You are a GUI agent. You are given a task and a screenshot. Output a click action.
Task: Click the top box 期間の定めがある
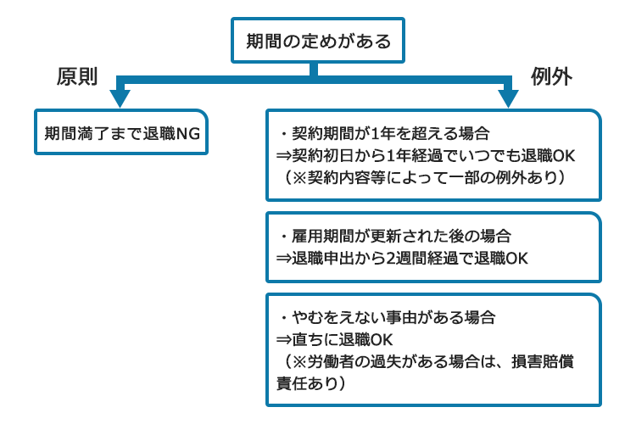318,40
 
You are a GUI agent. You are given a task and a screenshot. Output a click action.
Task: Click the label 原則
77,76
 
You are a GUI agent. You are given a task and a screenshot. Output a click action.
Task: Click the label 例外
551,76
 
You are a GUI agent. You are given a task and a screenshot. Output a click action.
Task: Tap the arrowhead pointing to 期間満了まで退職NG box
120,98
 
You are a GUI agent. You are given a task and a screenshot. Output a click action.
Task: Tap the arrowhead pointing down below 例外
508,98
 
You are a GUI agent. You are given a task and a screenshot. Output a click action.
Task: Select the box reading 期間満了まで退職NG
121,132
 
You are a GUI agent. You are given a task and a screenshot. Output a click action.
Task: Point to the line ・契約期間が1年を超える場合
384,133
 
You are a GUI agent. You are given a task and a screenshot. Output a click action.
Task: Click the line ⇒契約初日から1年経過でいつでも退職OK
426,155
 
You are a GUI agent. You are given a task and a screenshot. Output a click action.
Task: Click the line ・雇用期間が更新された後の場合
394,236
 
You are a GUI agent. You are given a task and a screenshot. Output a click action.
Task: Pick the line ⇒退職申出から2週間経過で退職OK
402,258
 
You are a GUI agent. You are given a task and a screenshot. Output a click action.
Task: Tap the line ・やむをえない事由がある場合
387,317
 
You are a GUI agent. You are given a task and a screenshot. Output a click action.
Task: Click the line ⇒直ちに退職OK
334,339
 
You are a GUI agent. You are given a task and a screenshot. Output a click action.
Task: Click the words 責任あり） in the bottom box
311,383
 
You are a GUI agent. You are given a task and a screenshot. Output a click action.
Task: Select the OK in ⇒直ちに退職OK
382,339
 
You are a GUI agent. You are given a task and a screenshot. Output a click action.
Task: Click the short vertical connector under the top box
313,69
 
